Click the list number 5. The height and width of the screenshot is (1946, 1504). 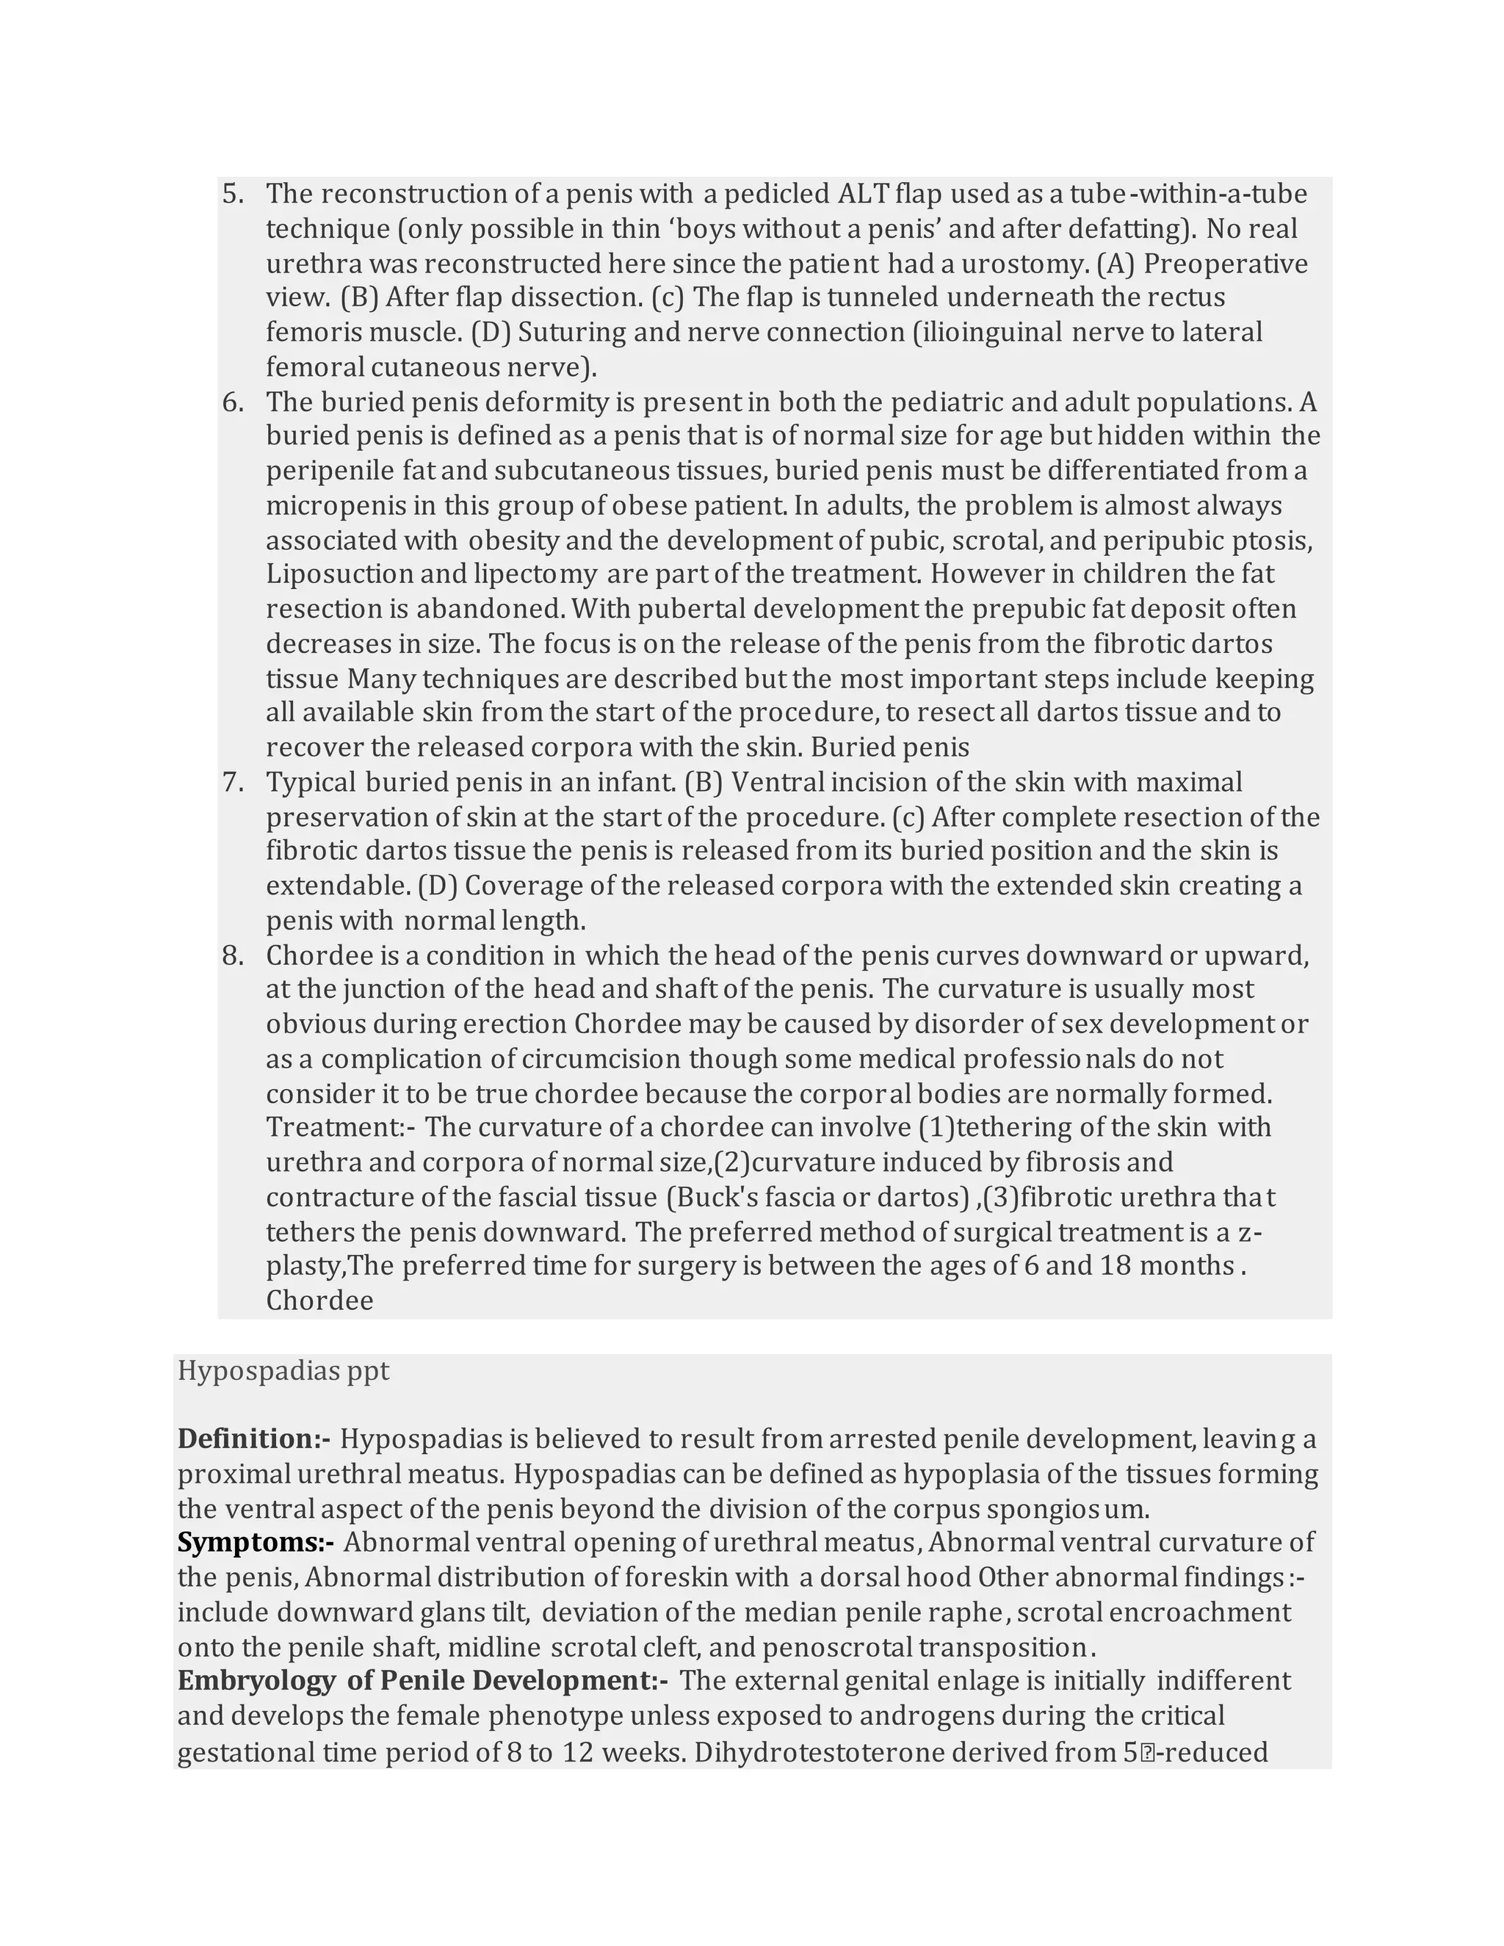[233, 195]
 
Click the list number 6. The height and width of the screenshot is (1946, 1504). [233, 402]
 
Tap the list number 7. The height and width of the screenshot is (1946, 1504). [233, 782]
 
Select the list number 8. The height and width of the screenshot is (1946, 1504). [233, 956]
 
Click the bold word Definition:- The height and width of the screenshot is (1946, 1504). [254, 1438]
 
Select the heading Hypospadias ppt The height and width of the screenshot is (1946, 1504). [283, 1370]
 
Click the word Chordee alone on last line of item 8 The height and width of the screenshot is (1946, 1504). [319, 1301]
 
